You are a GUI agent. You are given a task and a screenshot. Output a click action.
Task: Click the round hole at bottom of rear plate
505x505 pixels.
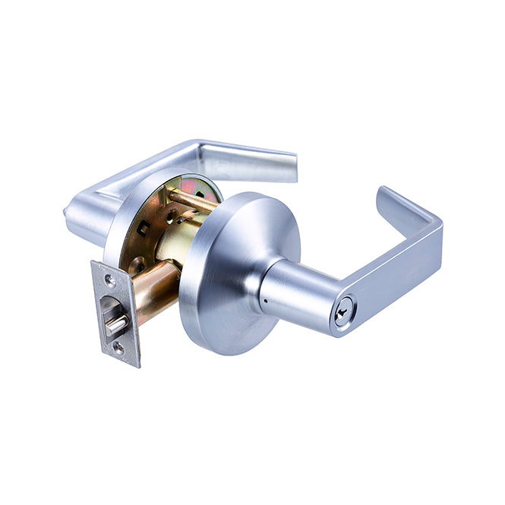coord(138,266)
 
